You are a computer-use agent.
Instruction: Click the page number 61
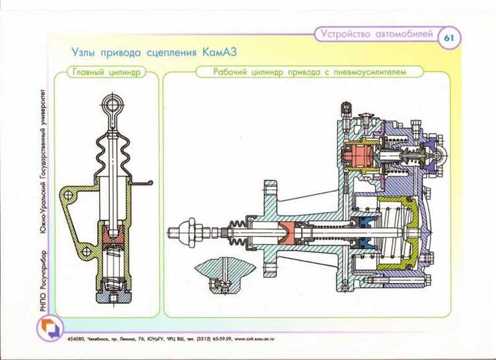[x=449, y=38]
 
